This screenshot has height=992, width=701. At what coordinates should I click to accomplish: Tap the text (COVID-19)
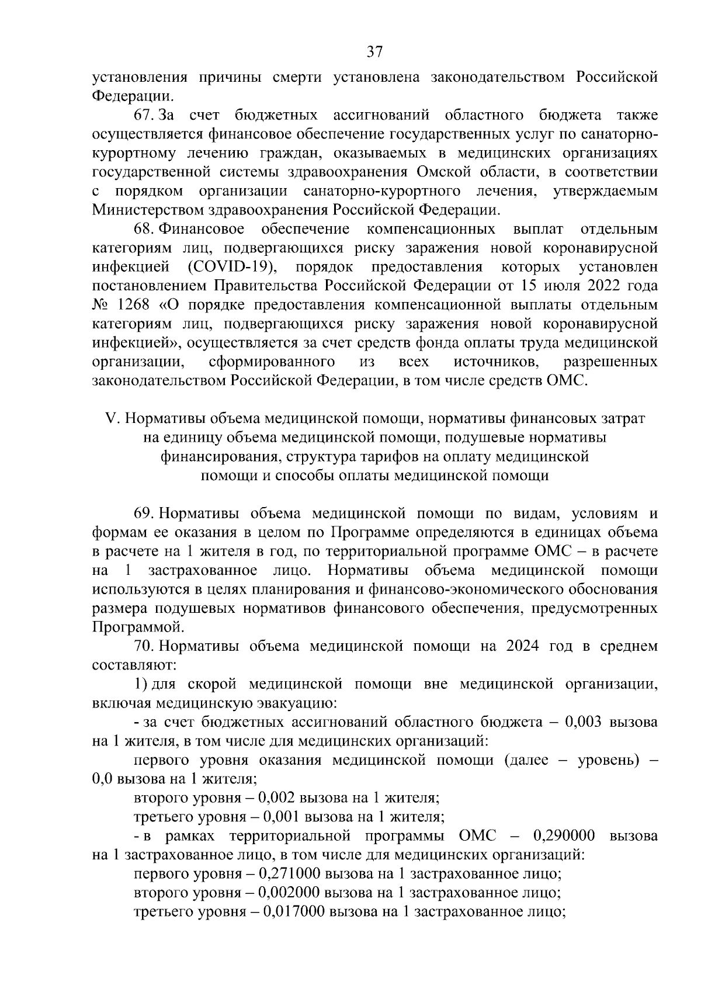pyautogui.click(x=232, y=268)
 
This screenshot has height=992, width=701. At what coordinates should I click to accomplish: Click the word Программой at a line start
pyautogui.click(x=136, y=628)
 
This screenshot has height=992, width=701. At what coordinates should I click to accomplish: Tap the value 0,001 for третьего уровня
pyautogui.click(x=279, y=817)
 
